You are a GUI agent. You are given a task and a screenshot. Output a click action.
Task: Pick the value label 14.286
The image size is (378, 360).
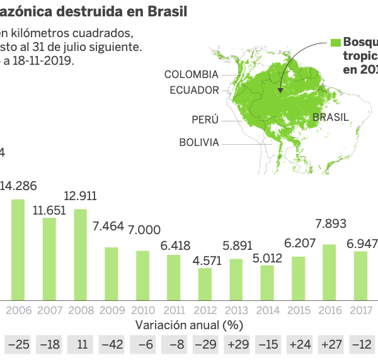click(x=18, y=186)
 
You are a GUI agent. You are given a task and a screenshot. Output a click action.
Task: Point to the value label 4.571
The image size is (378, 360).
click(x=205, y=259)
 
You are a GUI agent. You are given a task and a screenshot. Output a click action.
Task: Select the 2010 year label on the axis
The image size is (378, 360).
click(x=142, y=310)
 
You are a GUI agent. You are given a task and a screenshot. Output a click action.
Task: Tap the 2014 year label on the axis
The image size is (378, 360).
click(x=266, y=310)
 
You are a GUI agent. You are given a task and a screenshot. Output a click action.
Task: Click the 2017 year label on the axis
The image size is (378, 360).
click(x=360, y=310)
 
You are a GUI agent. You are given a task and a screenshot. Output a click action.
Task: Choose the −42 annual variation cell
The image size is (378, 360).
click(x=112, y=345)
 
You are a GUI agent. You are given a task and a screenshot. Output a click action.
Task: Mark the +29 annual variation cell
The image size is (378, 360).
click(x=236, y=345)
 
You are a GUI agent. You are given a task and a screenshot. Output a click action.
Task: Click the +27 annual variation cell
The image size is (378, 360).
click(x=329, y=345)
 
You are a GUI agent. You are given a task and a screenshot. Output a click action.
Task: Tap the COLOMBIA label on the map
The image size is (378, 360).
click(x=191, y=74)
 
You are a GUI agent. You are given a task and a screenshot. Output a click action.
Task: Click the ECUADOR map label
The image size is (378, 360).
click(x=194, y=90)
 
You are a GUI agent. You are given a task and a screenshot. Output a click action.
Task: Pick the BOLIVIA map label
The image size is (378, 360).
click(x=199, y=142)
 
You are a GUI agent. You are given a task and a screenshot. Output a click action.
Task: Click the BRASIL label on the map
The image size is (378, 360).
click(x=330, y=117)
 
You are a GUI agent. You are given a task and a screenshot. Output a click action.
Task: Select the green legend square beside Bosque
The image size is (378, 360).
click(x=336, y=42)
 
